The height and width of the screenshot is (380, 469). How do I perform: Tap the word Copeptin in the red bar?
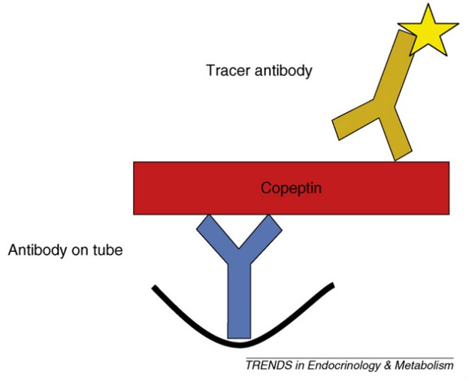tap(291, 187)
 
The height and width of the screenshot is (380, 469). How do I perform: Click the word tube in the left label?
tap(107, 250)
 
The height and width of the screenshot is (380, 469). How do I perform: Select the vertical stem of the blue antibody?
tap(238, 301)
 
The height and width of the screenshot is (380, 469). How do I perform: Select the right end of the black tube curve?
tap(330, 287)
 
